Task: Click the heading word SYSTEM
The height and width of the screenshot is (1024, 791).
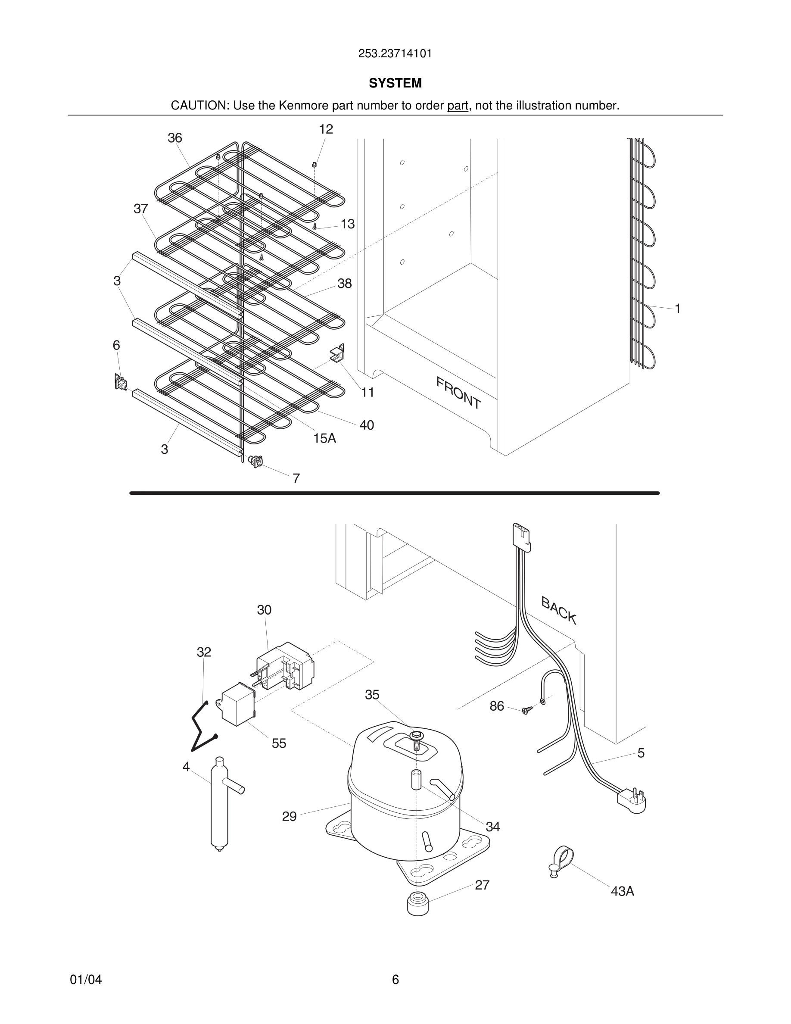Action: [395, 83]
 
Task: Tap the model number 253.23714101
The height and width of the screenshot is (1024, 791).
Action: [395, 54]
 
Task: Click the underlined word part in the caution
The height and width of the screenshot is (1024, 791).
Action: [458, 106]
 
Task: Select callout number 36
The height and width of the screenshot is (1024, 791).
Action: [175, 138]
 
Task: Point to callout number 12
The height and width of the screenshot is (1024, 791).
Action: [326, 129]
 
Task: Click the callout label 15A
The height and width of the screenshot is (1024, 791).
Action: [325, 438]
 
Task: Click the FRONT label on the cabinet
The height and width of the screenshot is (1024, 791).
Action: [458, 393]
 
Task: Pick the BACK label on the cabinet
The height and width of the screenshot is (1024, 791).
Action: [559, 610]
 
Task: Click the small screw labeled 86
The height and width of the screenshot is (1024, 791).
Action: [528, 710]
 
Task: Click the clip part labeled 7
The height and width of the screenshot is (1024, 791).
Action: [256, 462]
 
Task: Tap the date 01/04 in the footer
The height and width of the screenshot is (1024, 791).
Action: [86, 980]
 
